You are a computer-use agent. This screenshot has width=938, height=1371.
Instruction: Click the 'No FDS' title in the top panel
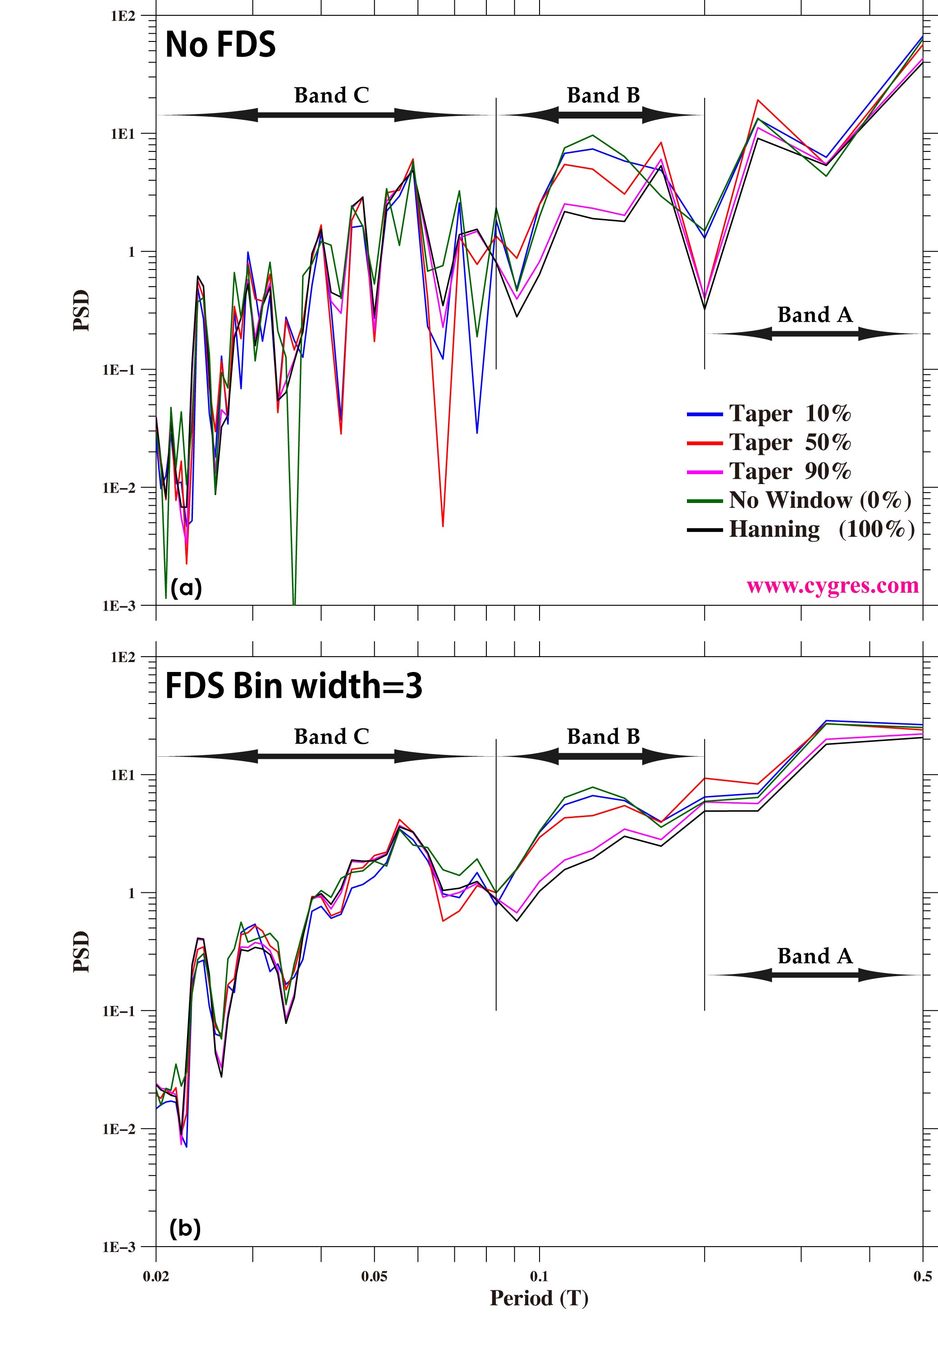(220, 44)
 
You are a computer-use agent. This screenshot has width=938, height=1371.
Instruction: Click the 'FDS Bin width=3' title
(293, 685)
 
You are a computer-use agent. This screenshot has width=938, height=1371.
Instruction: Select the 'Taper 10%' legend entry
(789, 414)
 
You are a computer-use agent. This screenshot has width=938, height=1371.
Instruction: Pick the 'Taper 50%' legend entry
(789, 443)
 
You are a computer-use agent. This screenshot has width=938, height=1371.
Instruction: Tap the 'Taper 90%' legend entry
(789, 471)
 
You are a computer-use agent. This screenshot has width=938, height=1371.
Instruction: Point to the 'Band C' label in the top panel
(332, 95)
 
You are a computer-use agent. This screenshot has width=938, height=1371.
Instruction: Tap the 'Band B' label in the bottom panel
(603, 736)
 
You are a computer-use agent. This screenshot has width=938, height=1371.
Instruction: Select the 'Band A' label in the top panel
(814, 315)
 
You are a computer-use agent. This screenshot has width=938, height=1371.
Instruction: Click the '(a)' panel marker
(186, 588)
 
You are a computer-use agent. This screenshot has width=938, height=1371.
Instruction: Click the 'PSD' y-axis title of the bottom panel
(82, 951)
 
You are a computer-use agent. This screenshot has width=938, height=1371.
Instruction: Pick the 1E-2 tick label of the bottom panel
(119, 1129)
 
